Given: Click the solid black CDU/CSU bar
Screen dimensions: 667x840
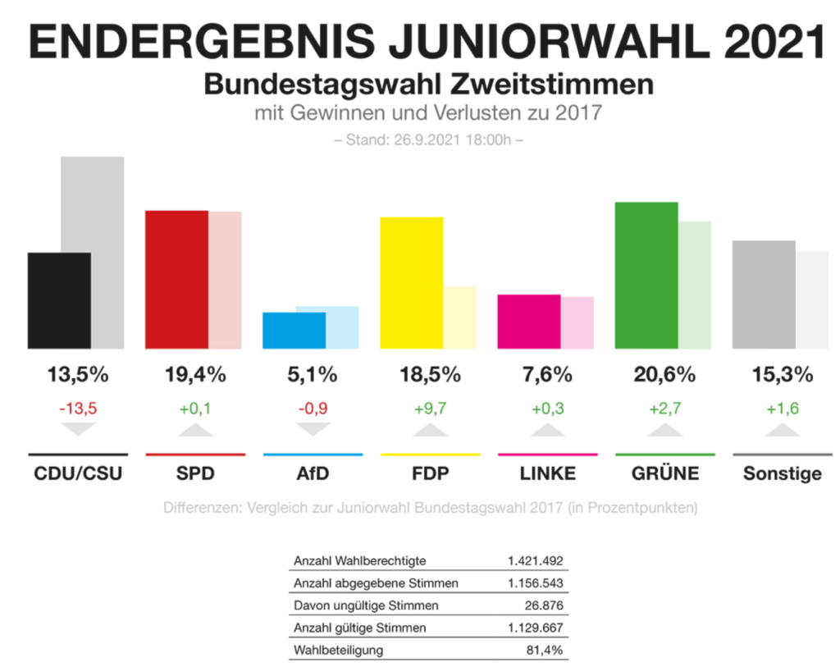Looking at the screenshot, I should click(59, 300).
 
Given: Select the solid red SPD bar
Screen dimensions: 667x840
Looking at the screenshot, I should click(176, 279).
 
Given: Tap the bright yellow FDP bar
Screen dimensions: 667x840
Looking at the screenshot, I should click(411, 282).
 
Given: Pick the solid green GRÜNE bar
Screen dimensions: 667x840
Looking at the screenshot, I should click(646, 275).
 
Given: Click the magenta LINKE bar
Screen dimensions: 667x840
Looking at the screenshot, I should click(529, 321).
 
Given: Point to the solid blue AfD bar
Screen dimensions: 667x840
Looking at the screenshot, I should click(294, 330).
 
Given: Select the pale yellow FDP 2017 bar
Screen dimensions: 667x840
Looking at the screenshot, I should click(460, 317).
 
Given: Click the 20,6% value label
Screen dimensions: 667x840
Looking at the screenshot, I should click(664, 375).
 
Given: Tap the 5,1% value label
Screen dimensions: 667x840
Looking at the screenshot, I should click(313, 375).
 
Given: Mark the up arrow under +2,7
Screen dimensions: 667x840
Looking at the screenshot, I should click(664, 430).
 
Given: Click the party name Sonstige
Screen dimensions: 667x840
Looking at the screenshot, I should click(782, 473).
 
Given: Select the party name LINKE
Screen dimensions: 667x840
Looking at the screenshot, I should click(547, 473).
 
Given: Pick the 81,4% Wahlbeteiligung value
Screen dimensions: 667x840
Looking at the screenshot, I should click(545, 650).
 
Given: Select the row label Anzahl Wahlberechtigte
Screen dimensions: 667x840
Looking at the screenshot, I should click(359, 561).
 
